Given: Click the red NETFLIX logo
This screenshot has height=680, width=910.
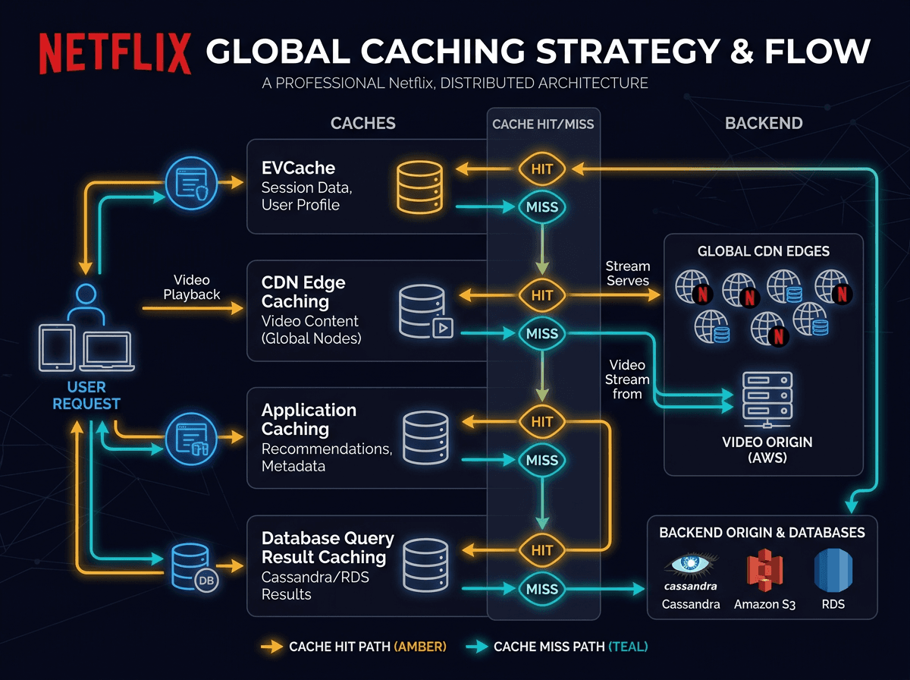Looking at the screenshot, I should [115, 53].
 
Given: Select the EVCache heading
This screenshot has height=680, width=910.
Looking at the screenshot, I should [298, 168].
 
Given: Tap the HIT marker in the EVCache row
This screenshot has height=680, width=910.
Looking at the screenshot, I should [542, 169].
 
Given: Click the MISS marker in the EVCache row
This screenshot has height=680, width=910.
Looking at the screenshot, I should [542, 206].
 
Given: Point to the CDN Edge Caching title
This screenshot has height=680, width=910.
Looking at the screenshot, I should [303, 292].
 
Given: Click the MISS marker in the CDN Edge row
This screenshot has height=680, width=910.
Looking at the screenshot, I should [542, 333].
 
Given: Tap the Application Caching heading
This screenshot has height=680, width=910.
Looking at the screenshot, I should [309, 420].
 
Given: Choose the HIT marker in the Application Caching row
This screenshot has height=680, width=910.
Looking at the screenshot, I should [542, 422].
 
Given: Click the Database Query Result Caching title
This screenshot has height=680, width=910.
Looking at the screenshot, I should [328, 548].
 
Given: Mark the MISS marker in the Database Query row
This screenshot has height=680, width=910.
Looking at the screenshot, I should [542, 589].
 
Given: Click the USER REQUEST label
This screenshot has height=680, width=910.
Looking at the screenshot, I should [86, 395].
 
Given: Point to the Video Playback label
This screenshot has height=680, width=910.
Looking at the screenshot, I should [191, 287].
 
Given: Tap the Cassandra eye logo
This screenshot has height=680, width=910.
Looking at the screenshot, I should [690, 565].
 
